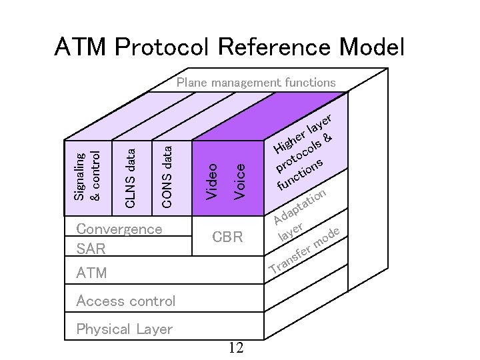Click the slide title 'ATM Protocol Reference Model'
[x=230, y=47]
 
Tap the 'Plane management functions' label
[x=256, y=83]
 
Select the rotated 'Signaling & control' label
[x=87, y=177]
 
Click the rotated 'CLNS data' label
[x=131, y=178]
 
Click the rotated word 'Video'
[x=211, y=181]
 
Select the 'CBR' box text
[x=227, y=237]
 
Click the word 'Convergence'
[x=119, y=229]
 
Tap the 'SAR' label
[x=91, y=249]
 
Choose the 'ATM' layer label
[x=91, y=273]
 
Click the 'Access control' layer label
[x=126, y=301]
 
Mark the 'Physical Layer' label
[x=125, y=329]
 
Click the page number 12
[x=235, y=348]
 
